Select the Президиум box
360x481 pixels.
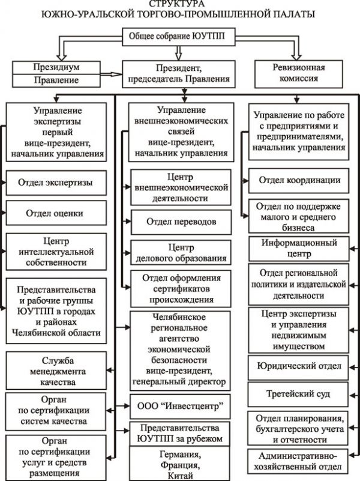coord(56,67)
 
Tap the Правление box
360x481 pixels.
coord(56,80)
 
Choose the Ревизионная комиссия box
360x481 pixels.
coord(299,74)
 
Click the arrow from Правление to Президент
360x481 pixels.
coord(111,74)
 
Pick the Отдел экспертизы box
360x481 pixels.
coord(56,183)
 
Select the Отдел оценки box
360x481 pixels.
coord(56,213)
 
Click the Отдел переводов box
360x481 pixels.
coord(181,222)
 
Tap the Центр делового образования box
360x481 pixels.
coord(181,252)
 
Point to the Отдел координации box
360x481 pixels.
coord(299,180)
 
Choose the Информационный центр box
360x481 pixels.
coord(299,249)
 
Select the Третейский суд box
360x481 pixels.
coord(298,394)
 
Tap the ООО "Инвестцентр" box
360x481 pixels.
coord(180,407)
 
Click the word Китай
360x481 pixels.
coord(181,475)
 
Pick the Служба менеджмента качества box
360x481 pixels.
coord(56,371)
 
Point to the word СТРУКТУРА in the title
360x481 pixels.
coord(177,4)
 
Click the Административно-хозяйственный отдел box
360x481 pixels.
coord(298,462)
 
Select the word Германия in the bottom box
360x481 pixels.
coord(180,454)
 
